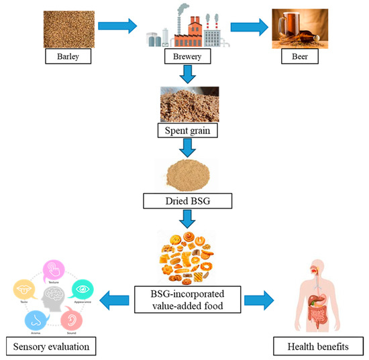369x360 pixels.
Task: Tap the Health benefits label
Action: click(x=315, y=346)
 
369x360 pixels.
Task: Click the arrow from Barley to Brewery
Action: click(x=118, y=27)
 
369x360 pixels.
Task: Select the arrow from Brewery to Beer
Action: click(x=248, y=27)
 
